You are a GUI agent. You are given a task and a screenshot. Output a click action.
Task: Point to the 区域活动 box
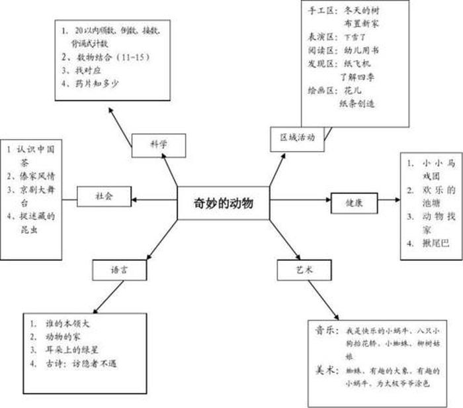pos(297,138)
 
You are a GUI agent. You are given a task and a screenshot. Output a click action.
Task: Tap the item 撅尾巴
pos(435,244)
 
